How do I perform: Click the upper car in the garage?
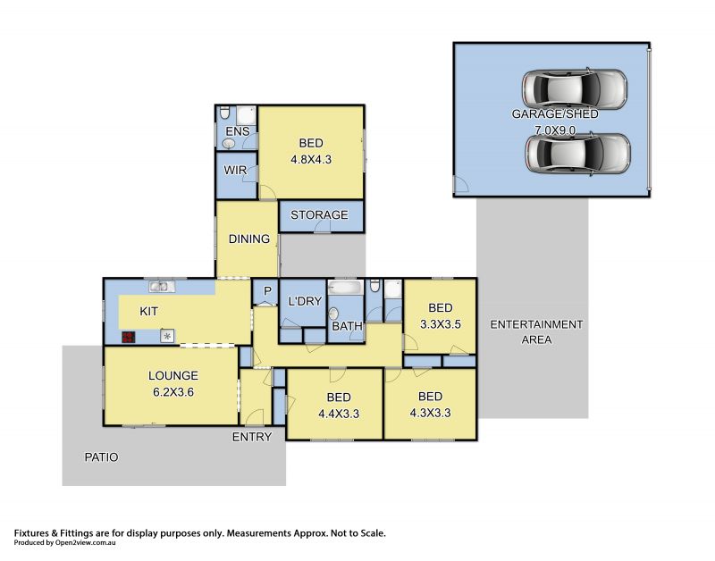tap(575, 88)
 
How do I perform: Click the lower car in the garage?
tap(577, 153)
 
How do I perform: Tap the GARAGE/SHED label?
tap(555, 114)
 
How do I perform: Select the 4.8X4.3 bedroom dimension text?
tap(311, 160)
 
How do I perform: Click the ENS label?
tap(238, 131)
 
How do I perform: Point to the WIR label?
tap(235, 170)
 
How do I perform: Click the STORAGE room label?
tap(319, 214)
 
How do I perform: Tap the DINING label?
tap(249, 239)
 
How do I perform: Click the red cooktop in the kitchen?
tap(129, 338)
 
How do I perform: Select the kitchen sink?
tap(162, 286)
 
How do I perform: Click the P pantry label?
tap(267, 291)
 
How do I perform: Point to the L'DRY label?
tap(305, 301)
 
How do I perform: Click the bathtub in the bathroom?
tap(346, 287)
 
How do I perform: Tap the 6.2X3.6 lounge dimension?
tap(173, 392)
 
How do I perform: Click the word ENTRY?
tap(252, 437)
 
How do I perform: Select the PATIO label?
tap(101, 457)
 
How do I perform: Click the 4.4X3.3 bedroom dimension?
tap(339, 414)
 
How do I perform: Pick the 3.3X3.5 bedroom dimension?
tap(441, 324)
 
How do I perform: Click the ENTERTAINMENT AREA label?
tap(536, 331)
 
